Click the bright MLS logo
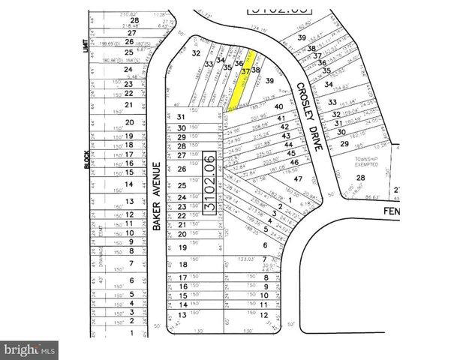[x=30, y=349]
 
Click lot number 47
[x=298, y=178]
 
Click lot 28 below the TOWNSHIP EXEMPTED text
[x=359, y=178]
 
